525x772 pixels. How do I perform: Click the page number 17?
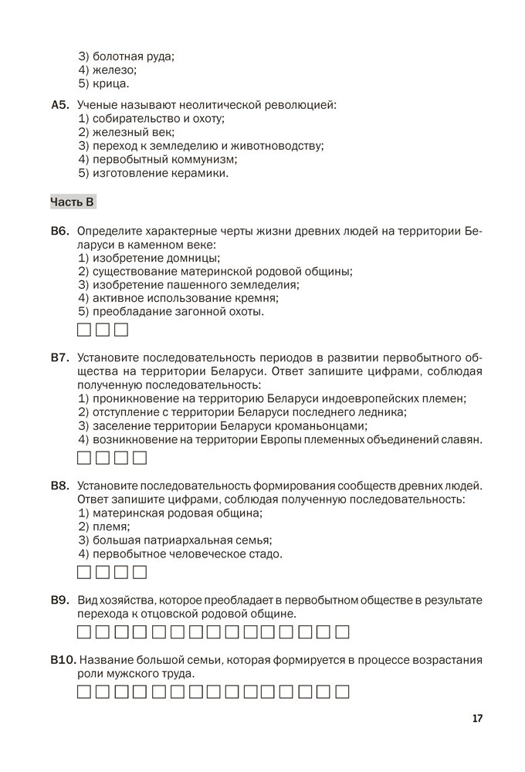tap(477, 719)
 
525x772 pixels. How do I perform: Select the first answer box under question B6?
tap(85, 332)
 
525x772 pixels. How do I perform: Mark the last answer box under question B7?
tap(140, 459)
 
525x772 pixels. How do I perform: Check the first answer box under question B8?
tap(85, 572)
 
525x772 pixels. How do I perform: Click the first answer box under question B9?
tap(85, 633)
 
